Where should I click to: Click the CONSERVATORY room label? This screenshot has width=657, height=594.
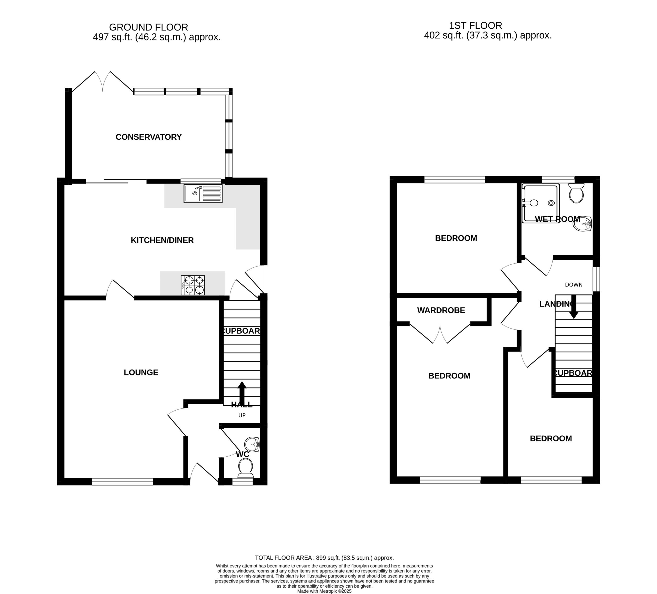click(x=149, y=137)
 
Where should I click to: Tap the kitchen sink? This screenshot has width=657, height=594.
click(x=203, y=194)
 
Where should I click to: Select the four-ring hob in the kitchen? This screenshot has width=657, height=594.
click(x=193, y=285)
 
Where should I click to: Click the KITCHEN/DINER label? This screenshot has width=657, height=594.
click(x=162, y=240)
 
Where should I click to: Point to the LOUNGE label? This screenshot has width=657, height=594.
click(x=141, y=372)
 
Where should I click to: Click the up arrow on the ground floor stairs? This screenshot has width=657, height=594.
click(x=242, y=393)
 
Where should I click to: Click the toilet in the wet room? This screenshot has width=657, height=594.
click(x=576, y=193)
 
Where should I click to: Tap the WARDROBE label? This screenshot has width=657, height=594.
click(x=441, y=310)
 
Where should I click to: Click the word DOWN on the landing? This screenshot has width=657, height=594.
click(x=574, y=285)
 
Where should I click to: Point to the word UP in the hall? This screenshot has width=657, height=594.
click(x=242, y=415)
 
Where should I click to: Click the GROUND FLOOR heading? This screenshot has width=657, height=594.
click(x=149, y=27)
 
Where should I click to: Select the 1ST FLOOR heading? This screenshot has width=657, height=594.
click(x=476, y=25)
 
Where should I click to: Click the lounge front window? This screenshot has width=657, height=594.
click(x=122, y=482)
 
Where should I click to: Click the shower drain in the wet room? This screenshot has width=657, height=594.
click(x=551, y=203)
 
